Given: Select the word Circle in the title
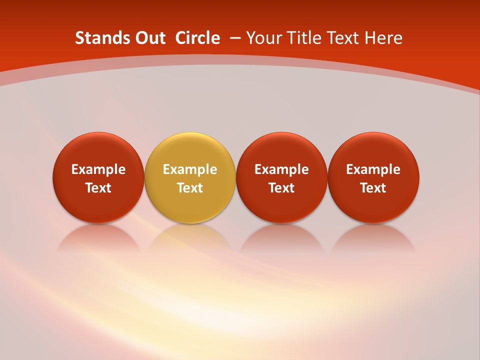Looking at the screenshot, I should click(x=197, y=38).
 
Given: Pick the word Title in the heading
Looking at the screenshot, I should click(x=305, y=38).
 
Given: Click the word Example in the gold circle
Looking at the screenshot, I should click(x=190, y=169).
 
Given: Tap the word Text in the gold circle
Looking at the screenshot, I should click(x=190, y=188).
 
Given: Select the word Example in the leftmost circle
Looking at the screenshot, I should click(x=98, y=169).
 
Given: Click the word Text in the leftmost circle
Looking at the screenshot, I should click(x=98, y=188).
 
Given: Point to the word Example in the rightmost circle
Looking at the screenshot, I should click(x=373, y=169).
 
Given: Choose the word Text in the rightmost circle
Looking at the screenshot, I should click(x=373, y=188).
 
